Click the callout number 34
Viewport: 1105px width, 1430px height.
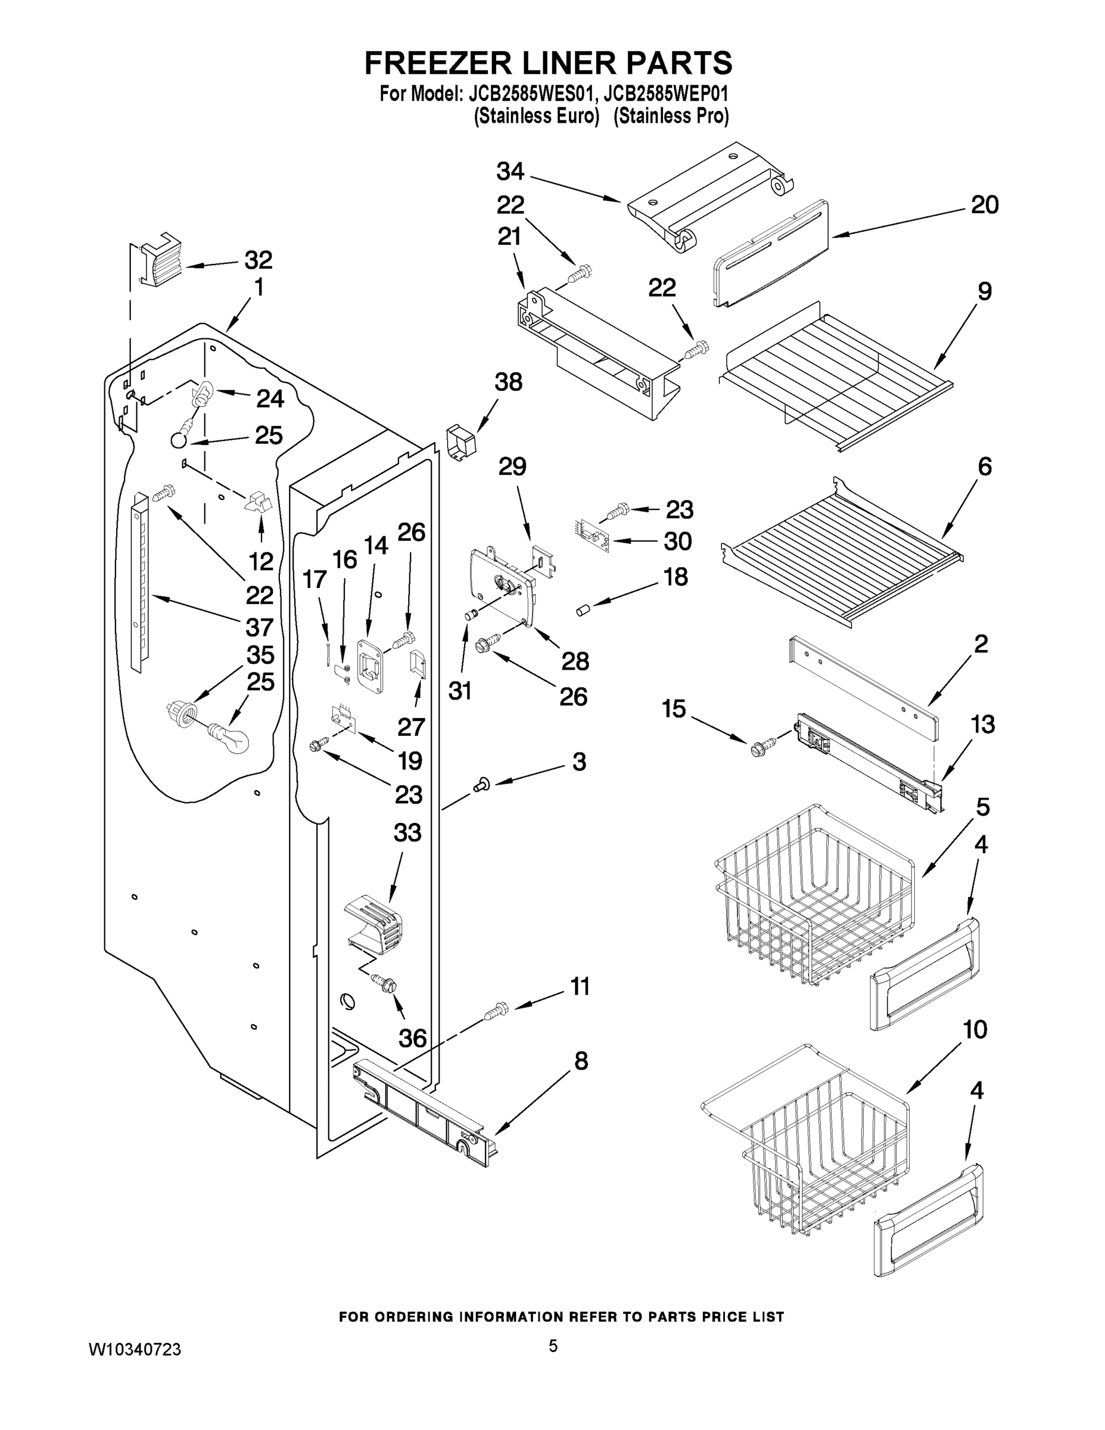(510, 172)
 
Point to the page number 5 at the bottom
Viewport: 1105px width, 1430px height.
(553, 1345)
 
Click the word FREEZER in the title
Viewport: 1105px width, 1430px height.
(436, 64)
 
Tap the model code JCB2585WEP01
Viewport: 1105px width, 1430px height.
(666, 94)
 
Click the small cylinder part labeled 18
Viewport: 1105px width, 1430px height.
(583, 611)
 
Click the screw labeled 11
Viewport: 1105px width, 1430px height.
(496, 1011)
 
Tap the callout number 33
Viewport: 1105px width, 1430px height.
(407, 833)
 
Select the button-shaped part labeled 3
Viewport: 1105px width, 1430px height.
(481, 783)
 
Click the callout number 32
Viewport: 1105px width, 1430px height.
(258, 260)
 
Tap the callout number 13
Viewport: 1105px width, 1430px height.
(982, 724)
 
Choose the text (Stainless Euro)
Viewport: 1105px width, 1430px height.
(536, 116)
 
